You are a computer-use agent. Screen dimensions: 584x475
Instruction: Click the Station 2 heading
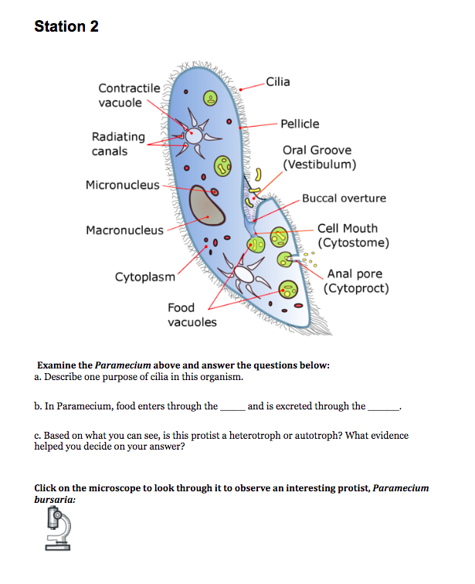[66, 26]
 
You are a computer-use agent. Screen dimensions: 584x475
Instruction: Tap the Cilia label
[277, 83]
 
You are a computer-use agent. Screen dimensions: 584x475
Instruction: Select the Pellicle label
[300, 124]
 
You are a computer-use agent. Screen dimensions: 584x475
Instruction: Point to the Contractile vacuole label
[129, 96]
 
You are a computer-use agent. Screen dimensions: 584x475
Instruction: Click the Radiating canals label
[118, 144]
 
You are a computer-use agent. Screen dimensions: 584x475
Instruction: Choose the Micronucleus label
[123, 185]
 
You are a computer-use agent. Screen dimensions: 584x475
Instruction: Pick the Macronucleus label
[124, 229]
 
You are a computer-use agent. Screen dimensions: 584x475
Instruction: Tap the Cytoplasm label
[145, 277]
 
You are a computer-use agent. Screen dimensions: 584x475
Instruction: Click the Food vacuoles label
[192, 314]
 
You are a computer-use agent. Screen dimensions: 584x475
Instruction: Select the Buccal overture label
[344, 199]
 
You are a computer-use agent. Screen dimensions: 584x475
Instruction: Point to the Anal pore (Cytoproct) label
[356, 281]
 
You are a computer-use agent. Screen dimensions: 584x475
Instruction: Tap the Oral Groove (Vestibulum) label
[319, 158]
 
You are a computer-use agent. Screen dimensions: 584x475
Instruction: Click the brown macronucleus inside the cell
[208, 207]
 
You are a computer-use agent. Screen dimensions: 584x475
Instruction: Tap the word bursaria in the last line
[55, 500]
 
